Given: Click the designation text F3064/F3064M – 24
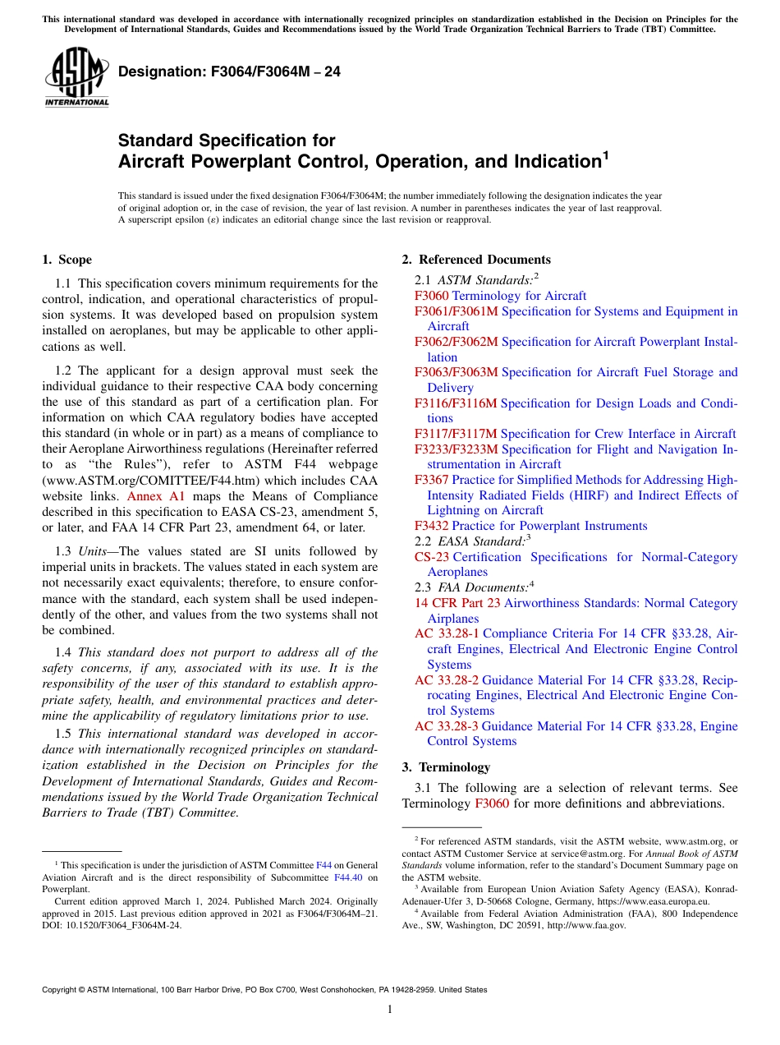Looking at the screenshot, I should (x=229, y=71).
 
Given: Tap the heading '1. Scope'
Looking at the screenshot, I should (x=67, y=260).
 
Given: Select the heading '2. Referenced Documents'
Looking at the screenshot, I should (x=475, y=260).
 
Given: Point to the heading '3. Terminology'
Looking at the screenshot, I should (x=446, y=767).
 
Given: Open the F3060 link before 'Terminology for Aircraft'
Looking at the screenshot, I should (x=432, y=296).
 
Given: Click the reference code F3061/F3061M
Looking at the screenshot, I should (x=456, y=311).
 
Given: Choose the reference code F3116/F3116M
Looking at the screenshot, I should (x=456, y=403).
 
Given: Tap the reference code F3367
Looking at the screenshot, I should (x=432, y=480).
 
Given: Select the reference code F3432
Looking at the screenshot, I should (x=432, y=526).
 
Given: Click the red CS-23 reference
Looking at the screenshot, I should (x=432, y=557).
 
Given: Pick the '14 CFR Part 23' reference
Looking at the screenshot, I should (x=457, y=603).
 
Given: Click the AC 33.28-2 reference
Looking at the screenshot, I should (x=447, y=680).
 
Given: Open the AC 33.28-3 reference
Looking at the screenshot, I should (x=447, y=726).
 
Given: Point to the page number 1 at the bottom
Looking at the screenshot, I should (x=390, y=1009).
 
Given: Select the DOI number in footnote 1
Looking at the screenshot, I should (x=123, y=924).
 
